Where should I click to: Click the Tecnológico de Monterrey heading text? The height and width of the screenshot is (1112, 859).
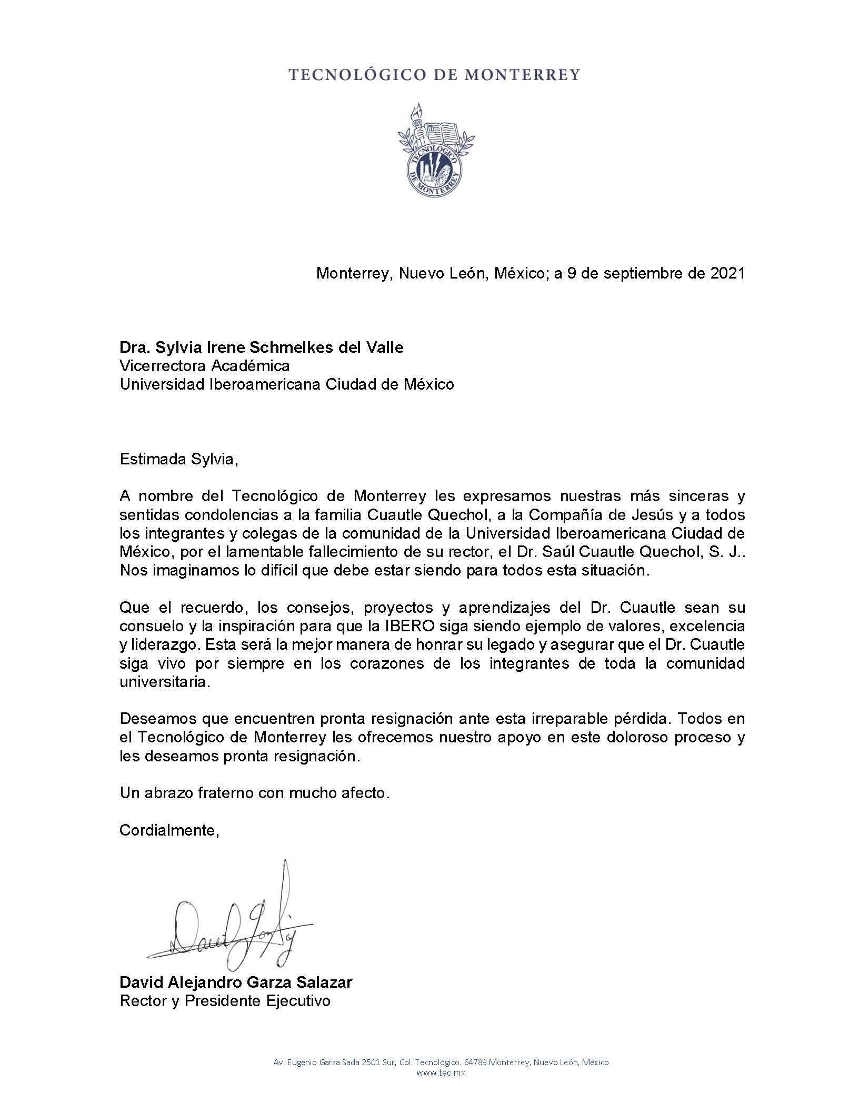coord(434,75)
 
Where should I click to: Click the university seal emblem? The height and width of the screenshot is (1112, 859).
coord(435,152)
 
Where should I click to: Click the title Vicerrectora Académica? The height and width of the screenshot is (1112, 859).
coord(205,366)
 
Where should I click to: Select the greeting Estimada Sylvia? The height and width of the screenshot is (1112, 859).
coord(179,459)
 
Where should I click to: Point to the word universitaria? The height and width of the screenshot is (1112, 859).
coord(165,682)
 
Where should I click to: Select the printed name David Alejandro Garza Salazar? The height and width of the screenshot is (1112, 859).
coord(236,982)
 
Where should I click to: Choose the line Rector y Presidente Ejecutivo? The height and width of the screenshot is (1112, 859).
coord(225,1001)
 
